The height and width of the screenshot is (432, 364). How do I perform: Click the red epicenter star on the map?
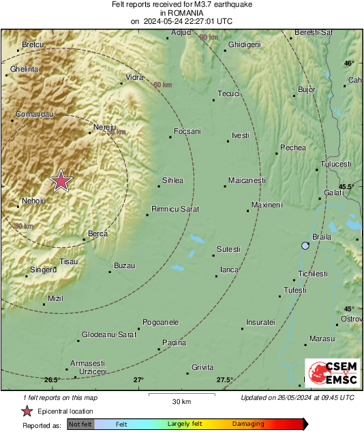click(x=61, y=182)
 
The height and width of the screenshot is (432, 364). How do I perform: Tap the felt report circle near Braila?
click(x=305, y=246)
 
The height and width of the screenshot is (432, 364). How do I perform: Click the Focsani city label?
click(x=187, y=131)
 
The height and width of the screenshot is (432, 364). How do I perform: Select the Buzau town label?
click(x=124, y=265)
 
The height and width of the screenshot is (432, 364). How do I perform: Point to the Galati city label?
click(x=334, y=193)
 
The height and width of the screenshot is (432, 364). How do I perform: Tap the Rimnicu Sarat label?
click(x=175, y=209)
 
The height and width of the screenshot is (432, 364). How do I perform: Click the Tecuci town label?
click(x=228, y=93)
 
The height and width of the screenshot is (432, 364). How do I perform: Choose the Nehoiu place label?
click(x=33, y=201)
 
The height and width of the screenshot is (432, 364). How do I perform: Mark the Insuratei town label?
click(x=260, y=321)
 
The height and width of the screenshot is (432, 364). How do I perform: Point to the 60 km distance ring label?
click(x=162, y=85)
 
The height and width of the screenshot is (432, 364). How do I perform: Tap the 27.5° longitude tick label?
click(x=225, y=380)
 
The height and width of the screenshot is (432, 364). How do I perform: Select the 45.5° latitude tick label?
click(x=347, y=186)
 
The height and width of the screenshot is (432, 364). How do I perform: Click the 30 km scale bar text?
click(x=181, y=401)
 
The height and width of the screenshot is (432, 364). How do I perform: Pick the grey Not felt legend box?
click(x=80, y=424)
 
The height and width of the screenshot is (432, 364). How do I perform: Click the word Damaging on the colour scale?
click(x=248, y=424)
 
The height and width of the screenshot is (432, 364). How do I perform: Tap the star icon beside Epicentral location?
click(x=27, y=411)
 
